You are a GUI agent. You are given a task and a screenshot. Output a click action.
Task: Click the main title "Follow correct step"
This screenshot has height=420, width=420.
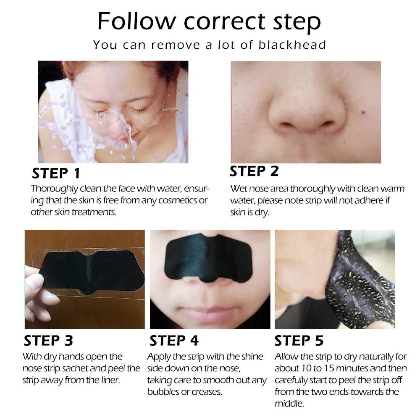(x=209, y=22)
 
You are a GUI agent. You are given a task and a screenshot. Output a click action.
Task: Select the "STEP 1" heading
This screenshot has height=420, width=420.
(x=56, y=173)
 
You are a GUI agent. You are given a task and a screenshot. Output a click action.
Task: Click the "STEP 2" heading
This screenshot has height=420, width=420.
(x=254, y=171)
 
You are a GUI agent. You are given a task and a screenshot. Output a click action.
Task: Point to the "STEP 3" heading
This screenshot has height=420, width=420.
(x=48, y=341)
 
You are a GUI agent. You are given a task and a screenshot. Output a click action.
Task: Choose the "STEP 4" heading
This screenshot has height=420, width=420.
(x=174, y=341)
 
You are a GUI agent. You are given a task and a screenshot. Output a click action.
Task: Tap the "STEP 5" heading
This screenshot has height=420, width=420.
(x=299, y=341)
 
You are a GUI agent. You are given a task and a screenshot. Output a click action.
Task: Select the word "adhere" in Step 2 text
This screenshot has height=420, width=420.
(x=362, y=201)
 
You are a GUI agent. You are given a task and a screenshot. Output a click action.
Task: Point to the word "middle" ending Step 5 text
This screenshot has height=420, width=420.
(x=289, y=404)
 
